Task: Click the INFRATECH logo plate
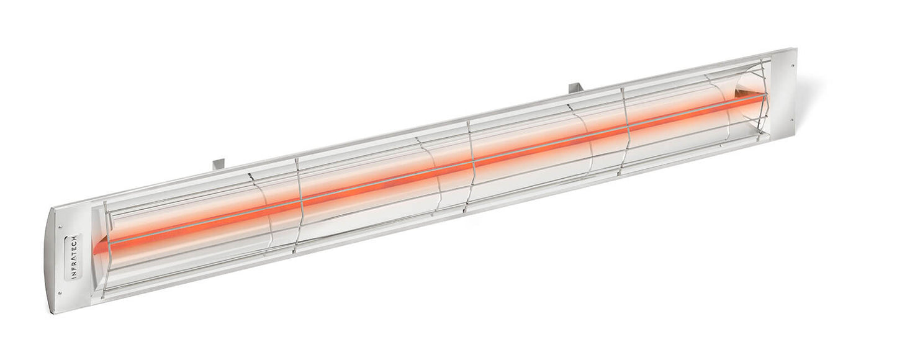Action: tap(74, 256)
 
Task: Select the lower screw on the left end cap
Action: tap(60, 294)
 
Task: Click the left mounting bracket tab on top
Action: tap(219, 164)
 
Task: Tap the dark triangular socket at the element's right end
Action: tap(741, 95)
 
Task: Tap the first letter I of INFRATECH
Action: tap(74, 276)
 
